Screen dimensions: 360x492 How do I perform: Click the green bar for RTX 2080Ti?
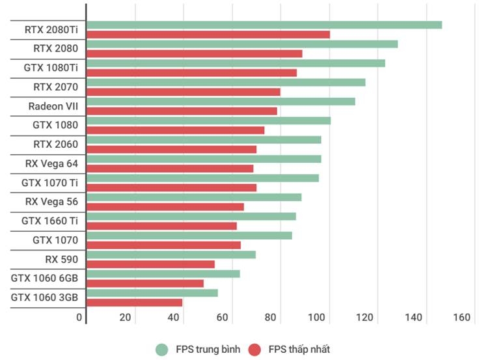click(264, 25)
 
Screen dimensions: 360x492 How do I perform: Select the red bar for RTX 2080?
click(194, 53)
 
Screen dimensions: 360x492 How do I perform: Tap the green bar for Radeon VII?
click(221, 102)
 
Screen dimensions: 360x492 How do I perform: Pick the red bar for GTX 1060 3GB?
click(134, 302)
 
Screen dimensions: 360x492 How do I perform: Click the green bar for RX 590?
click(171, 255)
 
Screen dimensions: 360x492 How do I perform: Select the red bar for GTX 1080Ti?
click(191, 73)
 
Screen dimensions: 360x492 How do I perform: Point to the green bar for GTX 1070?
click(189, 236)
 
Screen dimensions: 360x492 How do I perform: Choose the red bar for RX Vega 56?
click(165, 207)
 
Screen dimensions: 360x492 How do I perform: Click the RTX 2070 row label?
click(55, 87)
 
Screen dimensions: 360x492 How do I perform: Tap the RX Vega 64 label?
click(51, 163)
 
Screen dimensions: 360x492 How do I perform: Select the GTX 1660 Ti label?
click(49, 221)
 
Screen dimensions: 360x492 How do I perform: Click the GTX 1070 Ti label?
click(49, 183)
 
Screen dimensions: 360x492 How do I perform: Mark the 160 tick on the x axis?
click(461, 318)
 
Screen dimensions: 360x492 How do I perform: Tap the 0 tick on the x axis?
click(79, 318)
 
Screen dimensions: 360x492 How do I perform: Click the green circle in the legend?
click(161, 350)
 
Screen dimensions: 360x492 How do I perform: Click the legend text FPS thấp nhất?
click(299, 350)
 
